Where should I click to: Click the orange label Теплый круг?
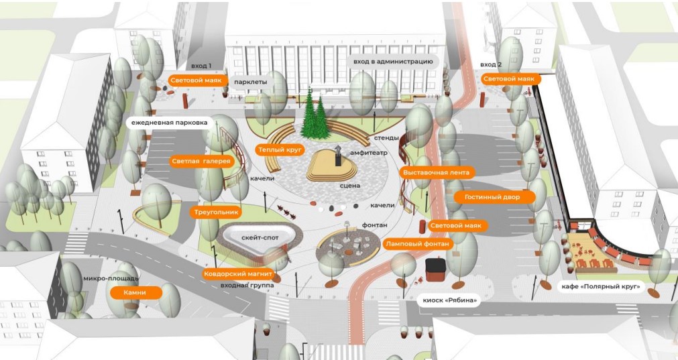[280, 150]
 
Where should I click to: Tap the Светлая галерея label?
[201, 162]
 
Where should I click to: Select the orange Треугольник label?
[216, 213]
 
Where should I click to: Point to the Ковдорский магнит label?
[238, 274]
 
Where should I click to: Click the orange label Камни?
[135, 292]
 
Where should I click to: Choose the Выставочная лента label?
[437, 172]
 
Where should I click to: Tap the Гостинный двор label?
[492, 197]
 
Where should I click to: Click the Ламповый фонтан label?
[417, 244]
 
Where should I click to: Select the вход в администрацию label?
[392, 62]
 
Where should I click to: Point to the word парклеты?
[251, 82]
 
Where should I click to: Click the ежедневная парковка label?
[169, 123]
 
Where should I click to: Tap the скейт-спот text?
[260, 238]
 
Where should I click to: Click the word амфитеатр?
[369, 153]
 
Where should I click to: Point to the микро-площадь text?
[111, 278]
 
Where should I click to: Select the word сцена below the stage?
[350, 186]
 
